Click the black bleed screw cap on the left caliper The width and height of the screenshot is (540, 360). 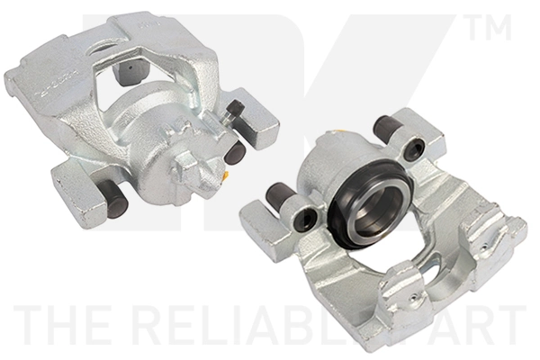(236, 109)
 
